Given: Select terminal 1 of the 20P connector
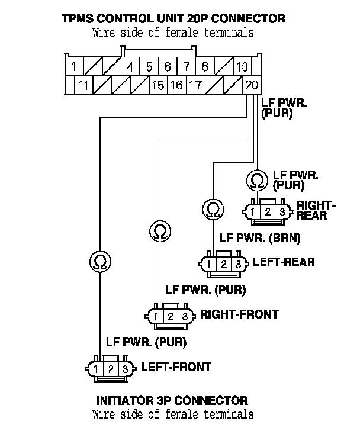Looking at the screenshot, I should (x=73, y=67).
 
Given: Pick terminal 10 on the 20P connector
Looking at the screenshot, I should (x=242, y=67).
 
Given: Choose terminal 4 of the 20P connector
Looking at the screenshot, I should (x=130, y=67).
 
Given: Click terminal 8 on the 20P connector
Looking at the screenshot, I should (x=204, y=67).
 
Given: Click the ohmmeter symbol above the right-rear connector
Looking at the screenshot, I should (x=258, y=179).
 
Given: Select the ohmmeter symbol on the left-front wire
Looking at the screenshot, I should (x=100, y=260).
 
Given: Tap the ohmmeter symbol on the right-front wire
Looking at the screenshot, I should (x=159, y=230).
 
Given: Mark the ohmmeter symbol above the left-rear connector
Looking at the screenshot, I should (x=212, y=208).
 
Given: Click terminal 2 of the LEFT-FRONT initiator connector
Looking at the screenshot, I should (x=111, y=369).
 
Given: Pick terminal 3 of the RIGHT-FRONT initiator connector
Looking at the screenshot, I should (x=185, y=316).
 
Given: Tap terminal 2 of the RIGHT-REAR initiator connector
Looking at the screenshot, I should (x=268, y=212).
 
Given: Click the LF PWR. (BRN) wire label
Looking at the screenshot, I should (x=260, y=239).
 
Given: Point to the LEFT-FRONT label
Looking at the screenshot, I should (x=175, y=367).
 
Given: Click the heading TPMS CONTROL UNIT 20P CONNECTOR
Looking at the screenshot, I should (x=173, y=18).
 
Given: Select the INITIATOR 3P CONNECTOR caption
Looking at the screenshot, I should (x=172, y=401).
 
